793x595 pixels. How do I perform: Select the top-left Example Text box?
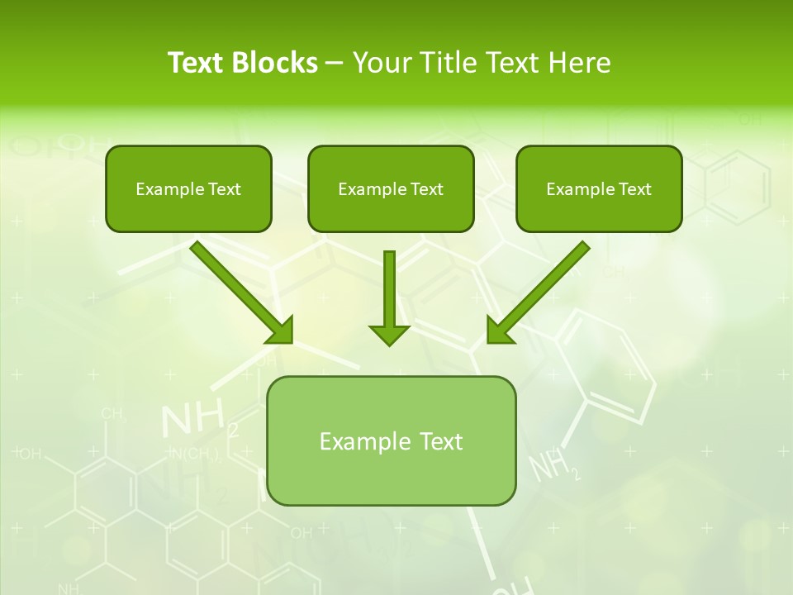(188, 188)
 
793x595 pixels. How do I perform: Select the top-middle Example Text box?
(391, 188)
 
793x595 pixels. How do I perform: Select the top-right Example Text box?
(599, 188)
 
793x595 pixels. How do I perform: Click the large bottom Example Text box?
(392, 440)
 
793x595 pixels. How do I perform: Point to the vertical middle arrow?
(389, 289)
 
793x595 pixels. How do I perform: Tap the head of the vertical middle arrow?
(389, 334)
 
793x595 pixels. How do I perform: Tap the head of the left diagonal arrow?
(281, 330)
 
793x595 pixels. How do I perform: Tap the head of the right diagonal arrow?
(499, 330)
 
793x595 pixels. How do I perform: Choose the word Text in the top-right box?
(635, 189)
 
